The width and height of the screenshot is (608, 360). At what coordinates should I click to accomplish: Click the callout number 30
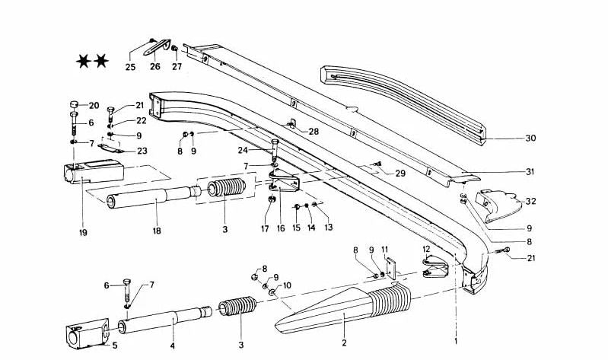pos(530,139)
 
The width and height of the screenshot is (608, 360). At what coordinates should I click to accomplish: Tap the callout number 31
pos(530,171)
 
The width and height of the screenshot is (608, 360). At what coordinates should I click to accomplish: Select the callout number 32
pos(530,202)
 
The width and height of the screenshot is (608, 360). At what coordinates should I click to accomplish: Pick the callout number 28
pos(314,132)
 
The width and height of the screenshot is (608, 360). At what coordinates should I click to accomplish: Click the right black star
pos(101,59)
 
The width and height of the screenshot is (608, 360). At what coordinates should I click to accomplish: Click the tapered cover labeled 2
pos(327,312)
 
